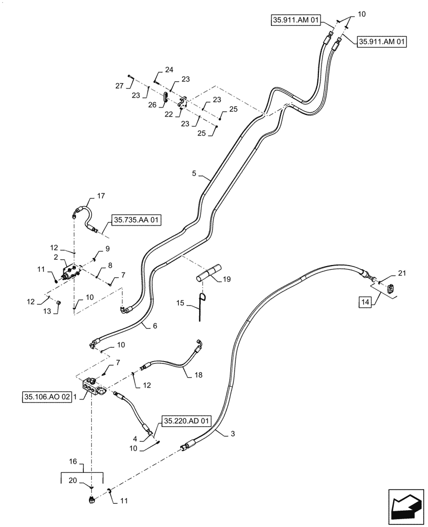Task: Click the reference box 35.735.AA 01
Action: click(135, 219)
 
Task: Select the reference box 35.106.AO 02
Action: click(46, 397)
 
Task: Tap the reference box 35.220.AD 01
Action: click(187, 421)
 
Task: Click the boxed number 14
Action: click(365, 302)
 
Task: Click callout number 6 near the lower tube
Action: click(155, 326)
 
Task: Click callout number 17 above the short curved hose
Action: click(100, 196)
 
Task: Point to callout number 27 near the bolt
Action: click(120, 85)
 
